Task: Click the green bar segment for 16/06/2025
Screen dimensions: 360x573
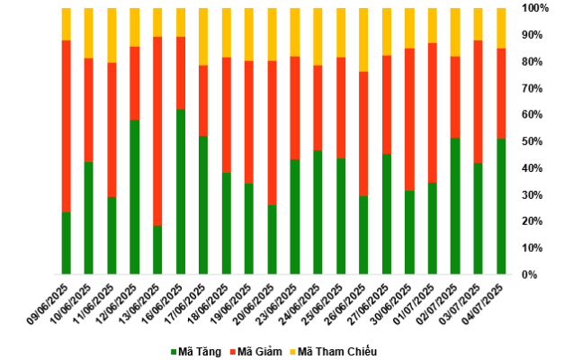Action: (x=181, y=191)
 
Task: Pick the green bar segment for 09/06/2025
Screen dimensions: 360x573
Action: (x=67, y=243)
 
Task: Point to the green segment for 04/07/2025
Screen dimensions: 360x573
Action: (x=501, y=206)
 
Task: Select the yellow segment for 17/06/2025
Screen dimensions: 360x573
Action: (x=203, y=37)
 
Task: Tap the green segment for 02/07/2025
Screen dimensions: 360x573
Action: (x=455, y=206)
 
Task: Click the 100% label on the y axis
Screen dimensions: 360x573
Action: (x=534, y=8)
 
